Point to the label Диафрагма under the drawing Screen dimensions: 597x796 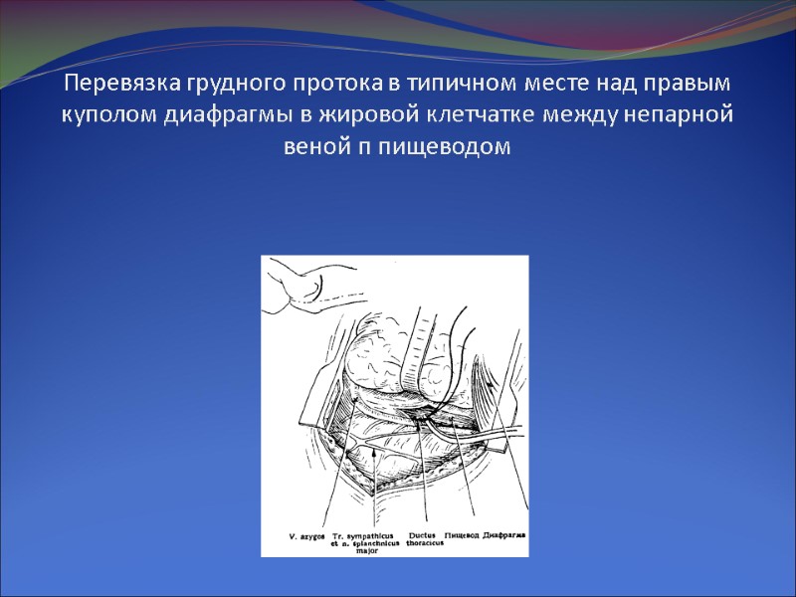coord(503,535)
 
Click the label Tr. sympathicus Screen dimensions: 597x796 coord(354,535)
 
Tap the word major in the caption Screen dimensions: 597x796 coord(352,550)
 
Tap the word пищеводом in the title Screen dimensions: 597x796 coord(459,147)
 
